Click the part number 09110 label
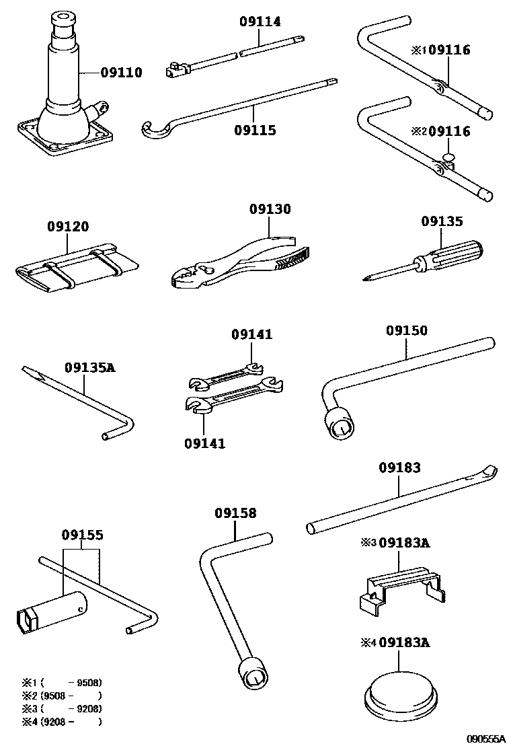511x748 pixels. tap(122, 73)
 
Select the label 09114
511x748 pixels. tap(260, 22)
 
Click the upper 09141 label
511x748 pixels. tap(252, 334)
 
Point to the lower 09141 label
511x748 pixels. tap(205, 443)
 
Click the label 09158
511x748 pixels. tap(235, 513)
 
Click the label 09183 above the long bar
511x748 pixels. tap(399, 467)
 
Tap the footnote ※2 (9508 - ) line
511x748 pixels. tap(61, 696)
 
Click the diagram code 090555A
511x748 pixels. tap(486, 739)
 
